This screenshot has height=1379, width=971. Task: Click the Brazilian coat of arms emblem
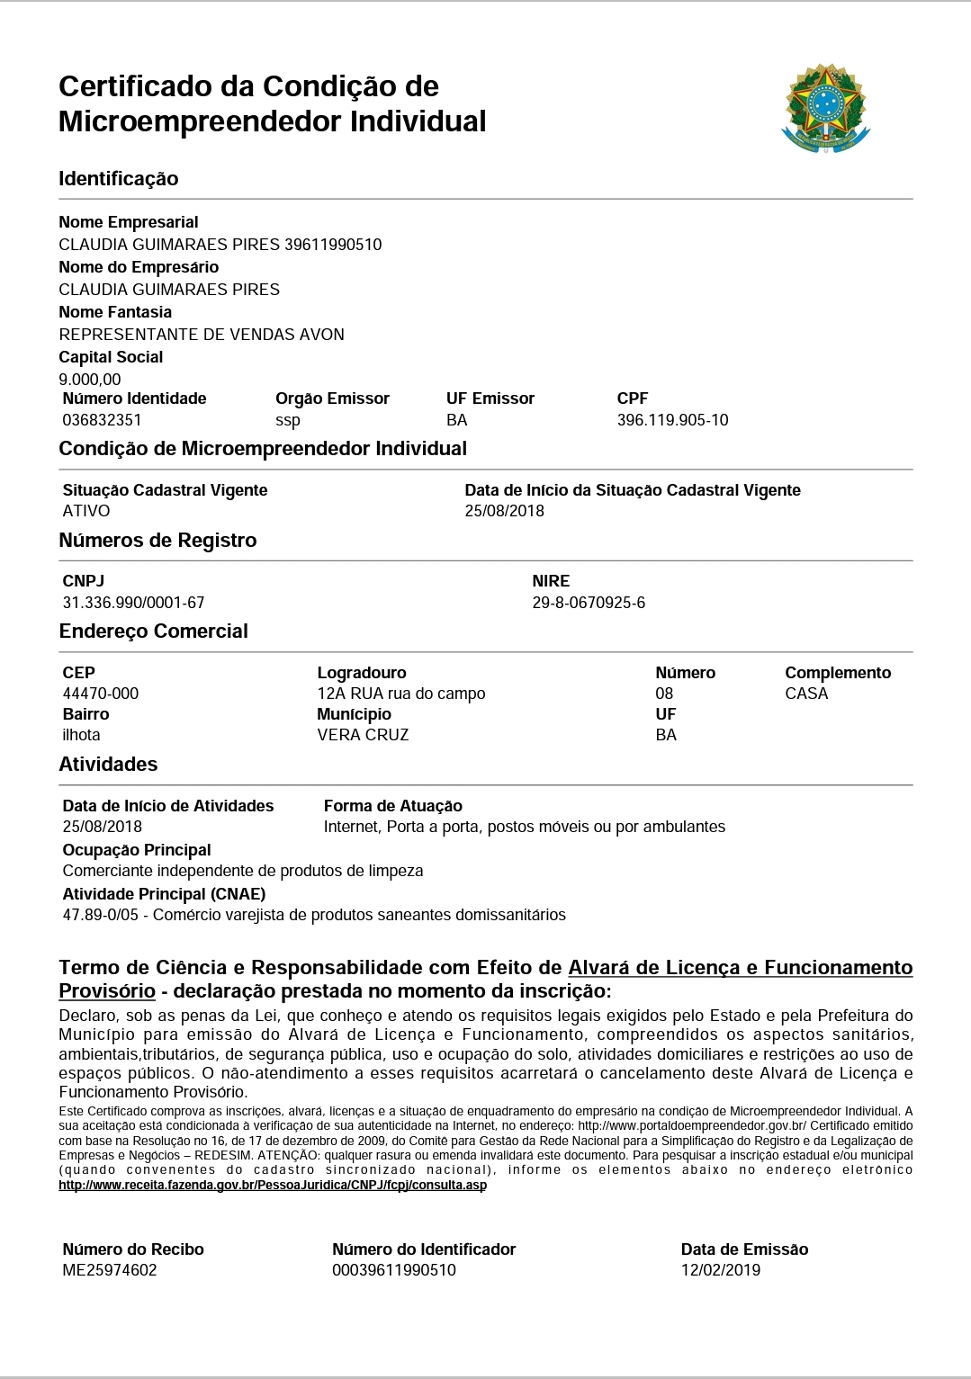[826, 108]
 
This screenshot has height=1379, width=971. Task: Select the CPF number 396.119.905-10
[672, 420]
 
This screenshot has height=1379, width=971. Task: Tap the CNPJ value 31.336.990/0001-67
[133, 603]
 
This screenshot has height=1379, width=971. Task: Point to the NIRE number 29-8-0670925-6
[589, 603]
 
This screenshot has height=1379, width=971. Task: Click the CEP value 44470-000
[101, 694]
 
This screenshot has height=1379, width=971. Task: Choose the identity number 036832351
[102, 420]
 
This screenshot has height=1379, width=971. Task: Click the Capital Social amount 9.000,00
[90, 380]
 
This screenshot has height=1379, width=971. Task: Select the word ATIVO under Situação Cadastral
[86, 511]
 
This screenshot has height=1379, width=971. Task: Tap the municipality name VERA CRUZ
[363, 735]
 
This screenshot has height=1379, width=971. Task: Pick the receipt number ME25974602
[110, 1270]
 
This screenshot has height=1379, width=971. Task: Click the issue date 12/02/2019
[721, 1270]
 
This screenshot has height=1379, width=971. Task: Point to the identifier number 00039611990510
[394, 1270]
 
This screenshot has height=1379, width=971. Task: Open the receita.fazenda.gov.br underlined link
[273, 1185]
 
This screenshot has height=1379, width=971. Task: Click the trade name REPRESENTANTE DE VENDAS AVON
[202, 335]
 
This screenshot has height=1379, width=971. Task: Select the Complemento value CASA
[806, 694]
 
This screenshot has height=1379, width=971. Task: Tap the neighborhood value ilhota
[82, 735]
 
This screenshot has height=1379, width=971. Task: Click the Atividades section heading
[108, 764]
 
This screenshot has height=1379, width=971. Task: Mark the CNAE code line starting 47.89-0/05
[314, 915]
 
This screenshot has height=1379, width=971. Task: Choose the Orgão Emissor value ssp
[288, 420]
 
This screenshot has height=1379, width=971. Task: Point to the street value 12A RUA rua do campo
[401, 694]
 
